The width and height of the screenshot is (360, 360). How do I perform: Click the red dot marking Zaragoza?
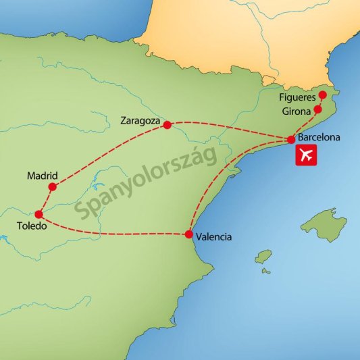[167, 125]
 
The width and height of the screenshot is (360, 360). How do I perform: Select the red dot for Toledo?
[38, 214]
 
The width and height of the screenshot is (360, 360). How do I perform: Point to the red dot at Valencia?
[188, 235]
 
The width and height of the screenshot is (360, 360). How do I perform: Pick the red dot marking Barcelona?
[291, 140]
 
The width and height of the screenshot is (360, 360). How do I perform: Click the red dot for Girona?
[317, 108]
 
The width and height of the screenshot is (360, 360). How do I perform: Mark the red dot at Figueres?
[322, 95]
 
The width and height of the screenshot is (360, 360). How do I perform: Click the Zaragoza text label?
[139, 122]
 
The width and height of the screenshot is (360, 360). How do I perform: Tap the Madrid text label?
[43, 176]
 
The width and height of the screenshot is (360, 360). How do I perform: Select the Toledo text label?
[32, 226]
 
